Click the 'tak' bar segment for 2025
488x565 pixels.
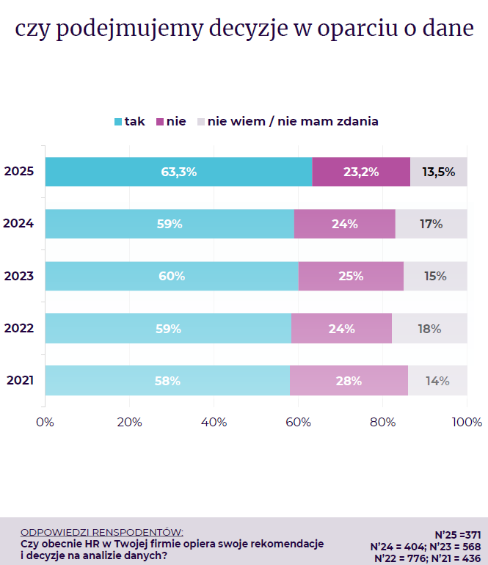(178, 172)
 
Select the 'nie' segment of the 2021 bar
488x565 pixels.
(349, 381)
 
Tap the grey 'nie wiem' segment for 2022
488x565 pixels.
(429, 329)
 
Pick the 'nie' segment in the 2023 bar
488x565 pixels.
(351, 277)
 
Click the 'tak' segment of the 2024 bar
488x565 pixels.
(170, 224)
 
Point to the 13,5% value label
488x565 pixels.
(439, 172)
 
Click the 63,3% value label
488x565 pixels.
(179, 172)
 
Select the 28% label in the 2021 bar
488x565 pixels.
(349, 381)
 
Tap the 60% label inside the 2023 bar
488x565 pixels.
(172, 277)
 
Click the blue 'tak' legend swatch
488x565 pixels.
(117, 122)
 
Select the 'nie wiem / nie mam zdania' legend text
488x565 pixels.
(293, 121)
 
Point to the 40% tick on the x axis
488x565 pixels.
(214, 423)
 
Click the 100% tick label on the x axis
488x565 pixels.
(467, 423)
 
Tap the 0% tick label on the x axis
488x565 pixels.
(45, 423)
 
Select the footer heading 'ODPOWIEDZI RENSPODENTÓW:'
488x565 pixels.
(102, 531)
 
